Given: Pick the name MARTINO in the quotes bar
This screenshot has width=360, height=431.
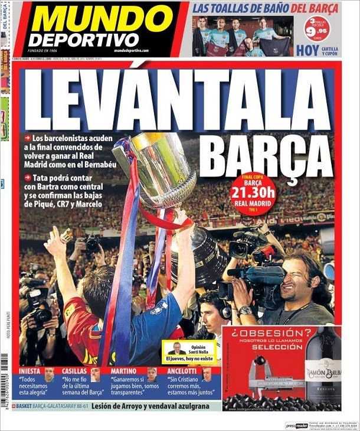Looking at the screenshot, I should [x=123, y=371].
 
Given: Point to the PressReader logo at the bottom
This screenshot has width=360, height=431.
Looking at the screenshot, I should [x=299, y=426].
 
